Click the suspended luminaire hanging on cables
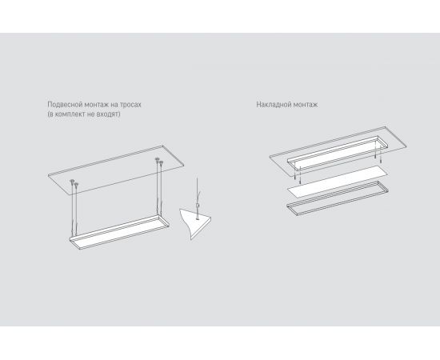point(120,232)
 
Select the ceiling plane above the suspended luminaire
point(116,170)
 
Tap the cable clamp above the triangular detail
point(198,206)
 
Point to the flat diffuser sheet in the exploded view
point(338,182)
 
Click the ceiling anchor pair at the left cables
point(74,183)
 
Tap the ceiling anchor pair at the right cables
point(159,161)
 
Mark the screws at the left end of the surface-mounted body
point(298,175)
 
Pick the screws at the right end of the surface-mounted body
point(378,154)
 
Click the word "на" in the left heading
point(114,105)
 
